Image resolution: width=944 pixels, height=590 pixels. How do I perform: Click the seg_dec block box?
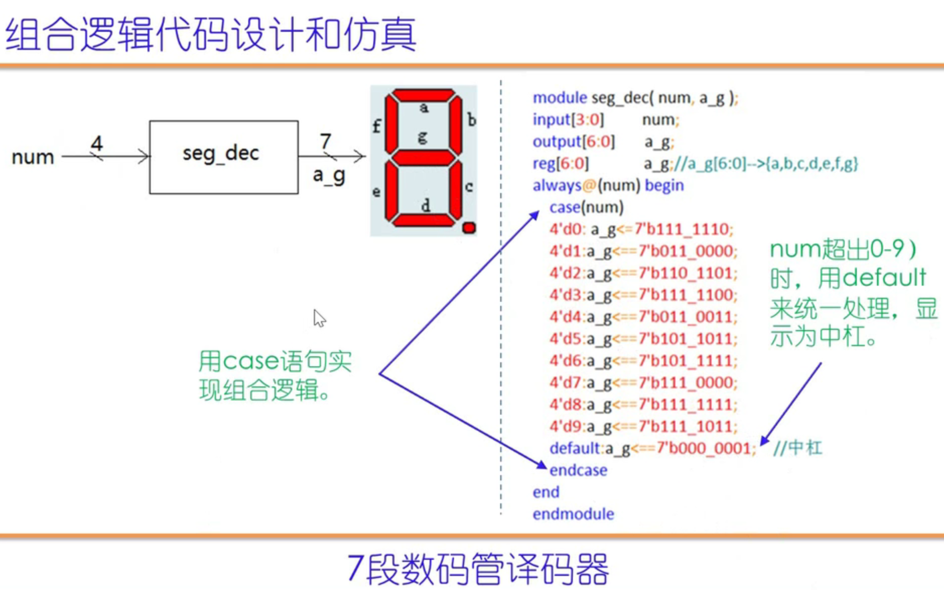[x=224, y=157]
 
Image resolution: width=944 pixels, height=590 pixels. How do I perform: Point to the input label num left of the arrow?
[x=33, y=157]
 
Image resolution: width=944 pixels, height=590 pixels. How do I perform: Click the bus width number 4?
[x=97, y=143]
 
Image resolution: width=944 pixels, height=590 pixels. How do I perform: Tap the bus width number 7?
[x=325, y=141]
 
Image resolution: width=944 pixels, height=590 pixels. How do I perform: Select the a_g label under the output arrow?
[x=329, y=175]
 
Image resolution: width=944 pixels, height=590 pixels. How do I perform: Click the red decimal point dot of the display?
[x=469, y=228]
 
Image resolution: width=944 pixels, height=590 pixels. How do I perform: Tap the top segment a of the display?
[x=423, y=95]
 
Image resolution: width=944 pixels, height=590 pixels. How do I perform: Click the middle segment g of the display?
[x=423, y=158]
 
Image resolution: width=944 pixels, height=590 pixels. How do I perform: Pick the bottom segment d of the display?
[x=423, y=220]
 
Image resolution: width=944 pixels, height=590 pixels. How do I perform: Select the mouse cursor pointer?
[x=318, y=318]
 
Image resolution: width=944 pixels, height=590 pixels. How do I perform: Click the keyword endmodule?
[x=573, y=514]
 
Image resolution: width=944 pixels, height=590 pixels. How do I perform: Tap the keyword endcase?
[x=578, y=470]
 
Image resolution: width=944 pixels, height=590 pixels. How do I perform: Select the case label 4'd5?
[x=566, y=339]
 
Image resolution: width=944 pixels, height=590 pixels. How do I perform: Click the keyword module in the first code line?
[x=560, y=98]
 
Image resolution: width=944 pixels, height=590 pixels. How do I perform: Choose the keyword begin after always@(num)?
[x=664, y=185]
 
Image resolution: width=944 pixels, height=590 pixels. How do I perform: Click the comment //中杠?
[x=797, y=447]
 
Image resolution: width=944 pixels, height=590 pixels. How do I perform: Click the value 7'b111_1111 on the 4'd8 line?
[x=687, y=405]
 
